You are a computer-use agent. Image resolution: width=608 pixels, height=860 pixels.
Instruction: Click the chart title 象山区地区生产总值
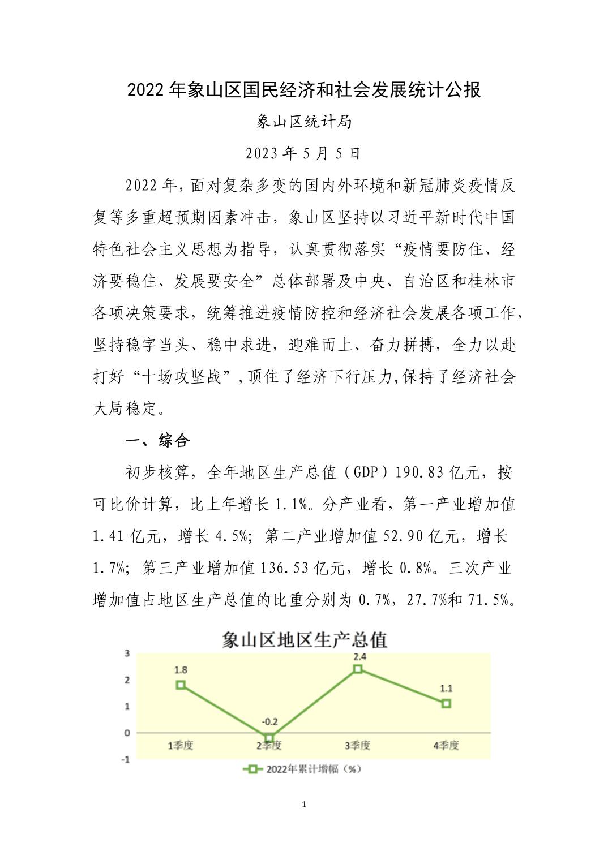click(304, 639)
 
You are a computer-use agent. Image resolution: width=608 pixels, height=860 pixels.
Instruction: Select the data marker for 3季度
click(358, 669)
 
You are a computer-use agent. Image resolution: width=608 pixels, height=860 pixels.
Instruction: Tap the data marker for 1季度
click(181, 685)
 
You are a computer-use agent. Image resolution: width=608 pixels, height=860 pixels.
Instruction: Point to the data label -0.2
click(269, 721)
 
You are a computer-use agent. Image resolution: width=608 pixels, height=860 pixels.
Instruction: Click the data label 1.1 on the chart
click(446, 689)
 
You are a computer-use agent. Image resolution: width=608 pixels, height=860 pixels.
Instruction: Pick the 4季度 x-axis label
click(446, 745)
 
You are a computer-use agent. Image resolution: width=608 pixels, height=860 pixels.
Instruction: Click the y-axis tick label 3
click(127, 653)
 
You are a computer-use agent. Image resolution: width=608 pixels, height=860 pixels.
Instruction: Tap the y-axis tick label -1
click(126, 759)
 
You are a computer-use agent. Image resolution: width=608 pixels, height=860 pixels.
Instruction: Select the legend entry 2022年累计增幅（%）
click(303, 769)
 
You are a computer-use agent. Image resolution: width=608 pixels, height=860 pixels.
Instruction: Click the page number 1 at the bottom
click(305, 805)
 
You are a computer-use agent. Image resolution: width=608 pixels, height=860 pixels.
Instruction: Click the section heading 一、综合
click(157, 441)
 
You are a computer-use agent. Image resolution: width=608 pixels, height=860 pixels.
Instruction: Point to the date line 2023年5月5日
click(303, 153)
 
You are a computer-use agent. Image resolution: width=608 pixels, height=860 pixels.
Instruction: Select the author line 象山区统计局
click(304, 122)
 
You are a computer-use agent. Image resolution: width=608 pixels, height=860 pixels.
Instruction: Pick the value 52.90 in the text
click(403, 536)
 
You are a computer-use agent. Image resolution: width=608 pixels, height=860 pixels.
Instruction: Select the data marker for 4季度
click(446, 703)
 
